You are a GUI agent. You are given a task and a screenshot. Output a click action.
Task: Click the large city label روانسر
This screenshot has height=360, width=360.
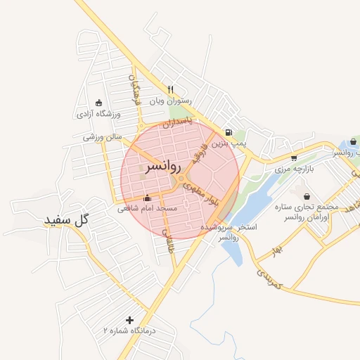[x=163, y=167]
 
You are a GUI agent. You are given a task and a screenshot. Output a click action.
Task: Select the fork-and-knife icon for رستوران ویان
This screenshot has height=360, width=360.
[x=170, y=89]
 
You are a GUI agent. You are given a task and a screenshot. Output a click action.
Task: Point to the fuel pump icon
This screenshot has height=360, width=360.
[x=228, y=132]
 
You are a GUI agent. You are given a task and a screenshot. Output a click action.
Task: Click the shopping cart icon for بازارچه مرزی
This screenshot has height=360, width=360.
[x=293, y=158]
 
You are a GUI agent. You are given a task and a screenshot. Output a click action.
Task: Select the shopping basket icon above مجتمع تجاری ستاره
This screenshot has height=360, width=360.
[x=306, y=196]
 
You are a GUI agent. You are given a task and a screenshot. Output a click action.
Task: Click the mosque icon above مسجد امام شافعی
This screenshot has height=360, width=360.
[x=146, y=198]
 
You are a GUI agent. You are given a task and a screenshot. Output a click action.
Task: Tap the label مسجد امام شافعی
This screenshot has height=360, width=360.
[x=148, y=209]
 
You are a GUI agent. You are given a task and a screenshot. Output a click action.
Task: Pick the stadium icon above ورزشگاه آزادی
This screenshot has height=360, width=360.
[x=98, y=103]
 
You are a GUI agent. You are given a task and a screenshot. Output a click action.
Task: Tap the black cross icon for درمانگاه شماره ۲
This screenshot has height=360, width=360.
[x=129, y=320]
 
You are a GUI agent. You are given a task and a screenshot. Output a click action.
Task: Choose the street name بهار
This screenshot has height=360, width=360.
[x=278, y=250]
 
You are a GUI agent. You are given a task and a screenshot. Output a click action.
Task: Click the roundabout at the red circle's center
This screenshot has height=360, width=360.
[x=181, y=180]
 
